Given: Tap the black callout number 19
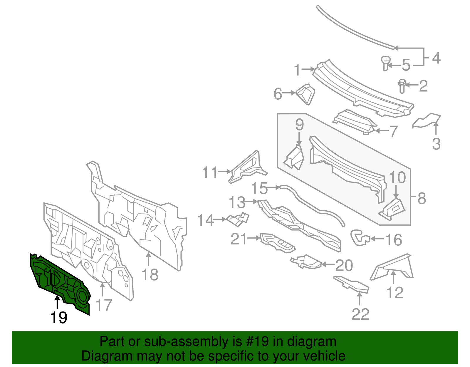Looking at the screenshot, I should point(59,318).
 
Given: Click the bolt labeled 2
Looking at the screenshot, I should point(402,86).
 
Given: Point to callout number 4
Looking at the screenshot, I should point(436,58).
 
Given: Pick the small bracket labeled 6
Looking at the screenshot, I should point(306,93).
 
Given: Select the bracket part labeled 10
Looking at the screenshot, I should point(393,209).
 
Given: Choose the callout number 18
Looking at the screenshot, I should point(150,275).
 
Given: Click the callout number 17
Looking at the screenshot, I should point(104,305).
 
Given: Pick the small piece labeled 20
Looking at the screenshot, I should point(307,262).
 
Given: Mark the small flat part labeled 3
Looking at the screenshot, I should point(427,121).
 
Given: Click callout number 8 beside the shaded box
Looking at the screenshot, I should point(422,198).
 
